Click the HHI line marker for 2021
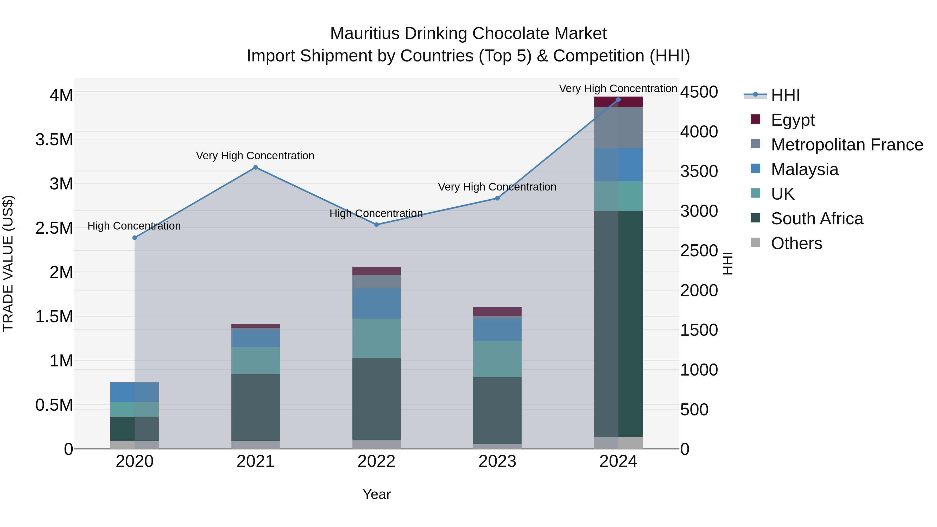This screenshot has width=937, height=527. [255, 167]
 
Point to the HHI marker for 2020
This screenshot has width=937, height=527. [135, 238]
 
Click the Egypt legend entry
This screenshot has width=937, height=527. [792, 120]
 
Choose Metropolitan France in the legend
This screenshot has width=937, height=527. [846, 144]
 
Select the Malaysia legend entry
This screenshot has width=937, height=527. [804, 169]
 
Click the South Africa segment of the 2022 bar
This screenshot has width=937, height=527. [376, 399]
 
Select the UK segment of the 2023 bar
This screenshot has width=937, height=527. [497, 359]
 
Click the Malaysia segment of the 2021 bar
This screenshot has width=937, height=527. [255, 338]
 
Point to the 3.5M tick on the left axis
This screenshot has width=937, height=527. [54, 140]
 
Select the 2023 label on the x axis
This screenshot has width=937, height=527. [497, 461]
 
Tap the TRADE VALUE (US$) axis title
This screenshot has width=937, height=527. [8, 263]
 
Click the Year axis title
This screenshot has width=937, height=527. [376, 494]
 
